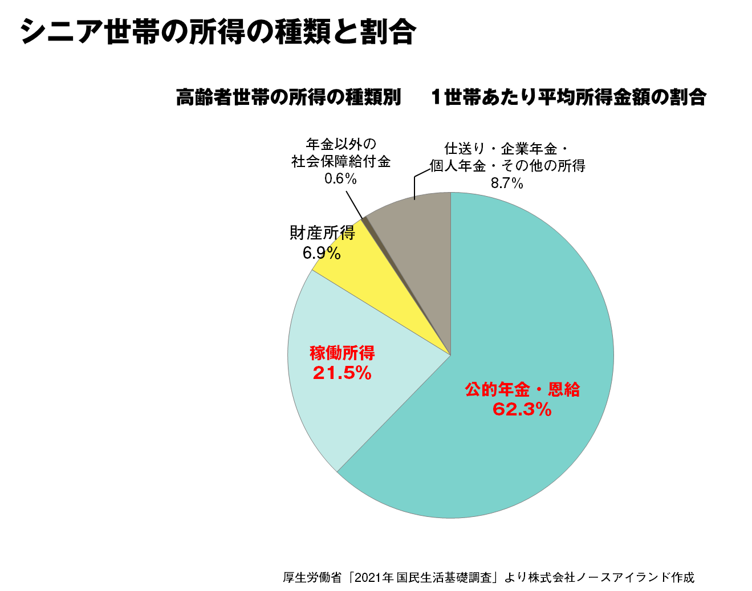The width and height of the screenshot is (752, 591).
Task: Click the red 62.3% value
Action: (522, 409)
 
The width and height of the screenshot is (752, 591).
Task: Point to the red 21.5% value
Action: (342, 373)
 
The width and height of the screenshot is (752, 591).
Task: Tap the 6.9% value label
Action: (322, 252)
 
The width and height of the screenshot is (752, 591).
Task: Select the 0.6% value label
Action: (340, 179)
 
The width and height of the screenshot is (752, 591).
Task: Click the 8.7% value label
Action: (507, 183)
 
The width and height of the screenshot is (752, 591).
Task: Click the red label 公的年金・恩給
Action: (522, 390)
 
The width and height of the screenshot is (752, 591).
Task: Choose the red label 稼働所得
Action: (342, 353)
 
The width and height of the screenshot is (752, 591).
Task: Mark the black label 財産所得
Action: (322, 233)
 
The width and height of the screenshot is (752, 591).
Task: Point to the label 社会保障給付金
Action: (340, 162)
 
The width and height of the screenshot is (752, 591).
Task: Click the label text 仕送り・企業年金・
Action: (506, 149)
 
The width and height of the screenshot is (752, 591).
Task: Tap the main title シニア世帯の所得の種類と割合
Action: (218, 31)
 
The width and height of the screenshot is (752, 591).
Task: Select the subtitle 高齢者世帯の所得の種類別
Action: (288, 97)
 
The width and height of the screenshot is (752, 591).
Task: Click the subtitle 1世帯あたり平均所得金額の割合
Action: (568, 97)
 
